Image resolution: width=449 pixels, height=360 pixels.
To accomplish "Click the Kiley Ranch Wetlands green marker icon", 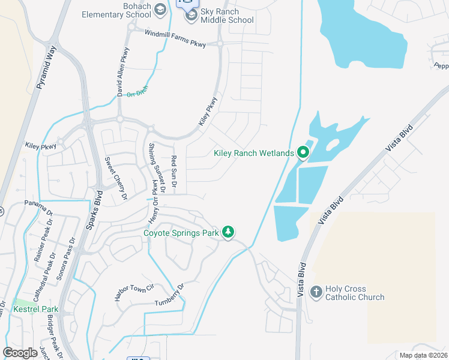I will click(x=303, y=154).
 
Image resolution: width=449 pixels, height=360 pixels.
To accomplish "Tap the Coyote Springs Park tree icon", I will click(x=228, y=232).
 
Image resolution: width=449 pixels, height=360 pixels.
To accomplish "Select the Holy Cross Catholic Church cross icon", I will click(x=316, y=292).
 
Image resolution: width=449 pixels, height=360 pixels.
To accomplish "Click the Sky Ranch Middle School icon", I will click(x=191, y=16).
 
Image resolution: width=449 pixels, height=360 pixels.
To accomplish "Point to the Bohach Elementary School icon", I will click(x=160, y=10).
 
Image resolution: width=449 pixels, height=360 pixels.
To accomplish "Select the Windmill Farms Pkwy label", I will click(x=175, y=38).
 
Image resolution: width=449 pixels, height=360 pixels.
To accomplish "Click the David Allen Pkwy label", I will click(x=124, y=76).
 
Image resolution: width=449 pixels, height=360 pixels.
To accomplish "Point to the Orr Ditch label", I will click(x=137, y=92).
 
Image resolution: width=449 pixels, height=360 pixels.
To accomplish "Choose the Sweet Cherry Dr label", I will click(x=116, y=178).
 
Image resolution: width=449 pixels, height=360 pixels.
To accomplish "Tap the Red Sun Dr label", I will click(x=173, y=173).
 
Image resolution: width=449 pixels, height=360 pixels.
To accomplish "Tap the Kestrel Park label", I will click(x=36, y=310).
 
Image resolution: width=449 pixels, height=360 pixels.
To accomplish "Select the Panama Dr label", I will click(x=38, y=207).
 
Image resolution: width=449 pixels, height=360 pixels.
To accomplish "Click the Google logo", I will click(x=20, y=353).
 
